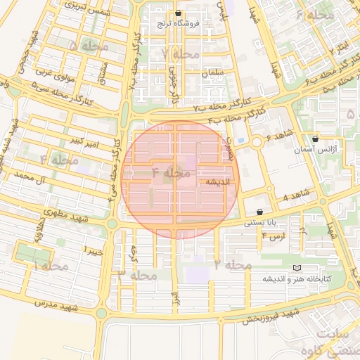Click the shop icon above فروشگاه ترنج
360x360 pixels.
point(178,13)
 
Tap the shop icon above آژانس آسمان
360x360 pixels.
point(314,139)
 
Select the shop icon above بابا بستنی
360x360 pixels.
point(260,212)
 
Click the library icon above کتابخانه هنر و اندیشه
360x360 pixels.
point(296,269)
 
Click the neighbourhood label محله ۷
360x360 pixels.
point(180,53)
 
